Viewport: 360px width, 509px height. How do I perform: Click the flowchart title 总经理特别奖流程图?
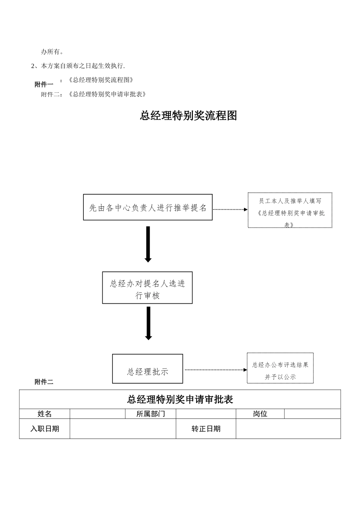pyautogui.click(x=188, y=116)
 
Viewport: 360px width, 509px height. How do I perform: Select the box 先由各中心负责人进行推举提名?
pyautogui.click(x=148, y=207)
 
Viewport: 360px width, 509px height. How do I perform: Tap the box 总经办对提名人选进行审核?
pyautogui.click(x=147, y=288)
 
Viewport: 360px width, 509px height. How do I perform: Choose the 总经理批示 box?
pyautogui.click(x=147, y=369)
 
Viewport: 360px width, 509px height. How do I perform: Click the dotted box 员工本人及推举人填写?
pyautogui.click(x=290, y=210)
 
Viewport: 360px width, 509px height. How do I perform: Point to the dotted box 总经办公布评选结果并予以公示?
pyautogui.click(x=280, y=368)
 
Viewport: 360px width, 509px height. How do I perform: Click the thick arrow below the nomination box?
pyautogui.click(x=148, y=244)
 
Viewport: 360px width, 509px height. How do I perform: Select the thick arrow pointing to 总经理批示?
pyautogui.click(x=148, y=323)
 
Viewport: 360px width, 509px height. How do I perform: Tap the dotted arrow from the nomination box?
pyautogui.click(x=230, y=209)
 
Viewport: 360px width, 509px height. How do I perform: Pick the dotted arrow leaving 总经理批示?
pyautogui.click(x=215, y=370)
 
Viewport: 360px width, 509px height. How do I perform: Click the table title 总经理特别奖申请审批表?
pyautogui.click(x=180, y=399)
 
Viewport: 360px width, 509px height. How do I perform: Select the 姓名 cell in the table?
pyautogui.click(x=45, y=414)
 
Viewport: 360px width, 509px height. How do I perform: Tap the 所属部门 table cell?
pyautogui.click(x=150, y=414)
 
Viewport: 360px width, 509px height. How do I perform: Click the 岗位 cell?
pyautogui.click(x=260, y=414)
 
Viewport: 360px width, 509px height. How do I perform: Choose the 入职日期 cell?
pyautogui.click(x=45, y=429)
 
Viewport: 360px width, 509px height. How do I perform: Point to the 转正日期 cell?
pyautogui.click(x=206, y=429)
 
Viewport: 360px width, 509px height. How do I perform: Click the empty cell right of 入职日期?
pyautogui.click(x=123, y=429)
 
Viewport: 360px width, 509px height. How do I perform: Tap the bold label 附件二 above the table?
pyautogui.click(x=44, y=382)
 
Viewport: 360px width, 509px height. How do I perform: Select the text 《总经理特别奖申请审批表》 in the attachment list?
pyautogui.click(x=107, y=94)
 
